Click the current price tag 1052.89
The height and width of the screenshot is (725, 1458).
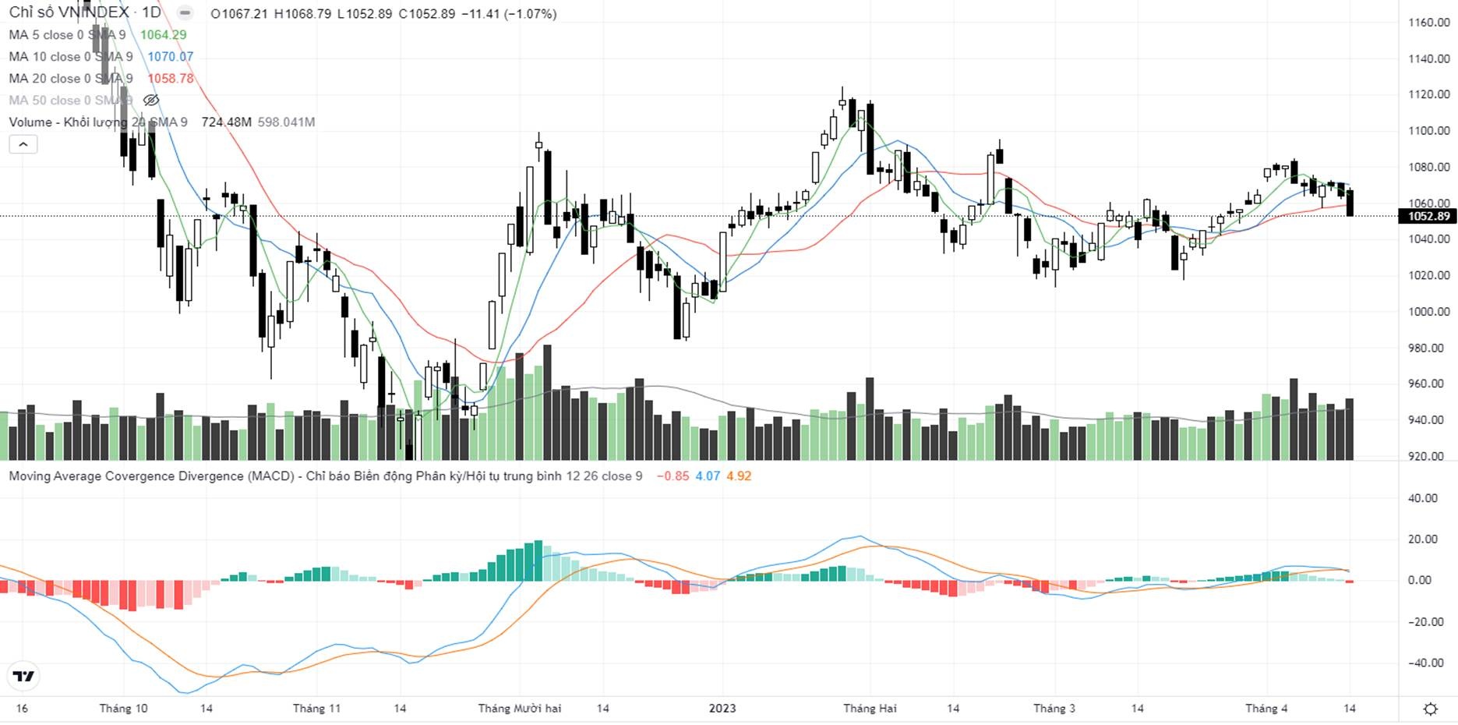pyautogui.click(x=1428, y=216)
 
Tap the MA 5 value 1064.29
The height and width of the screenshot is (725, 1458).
pyautogui.click(x=164, y=35)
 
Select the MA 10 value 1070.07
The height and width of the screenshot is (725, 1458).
pyautogui.click(x=171, y=57)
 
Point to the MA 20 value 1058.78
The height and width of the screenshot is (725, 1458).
pyautogui.click(x=171, y=79)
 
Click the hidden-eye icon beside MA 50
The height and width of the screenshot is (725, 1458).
pyautogui.click(x=151, y=101)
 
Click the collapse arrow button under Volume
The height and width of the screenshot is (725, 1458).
pyautogui.click(x=23, y=144)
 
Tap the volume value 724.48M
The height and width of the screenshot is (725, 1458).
pyautogui.click(x=226, y=122)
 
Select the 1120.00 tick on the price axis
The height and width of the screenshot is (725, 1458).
pyautogui.click(x=1428, y=94)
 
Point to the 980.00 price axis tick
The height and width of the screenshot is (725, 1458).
pyautogui.click(x=1428, y=348)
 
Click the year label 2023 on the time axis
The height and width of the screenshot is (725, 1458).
pyautogui.click(x=722, y=709)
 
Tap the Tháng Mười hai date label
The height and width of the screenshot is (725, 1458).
pyautogui.click(x=520, y=709)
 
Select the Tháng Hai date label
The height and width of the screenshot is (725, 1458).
pyautogui.click(x=870, y=709)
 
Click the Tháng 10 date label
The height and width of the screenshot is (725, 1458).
pyautogui.click(x=123, y=709)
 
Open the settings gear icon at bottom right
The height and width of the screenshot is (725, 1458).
pyautogui.click(x=1431, y=709)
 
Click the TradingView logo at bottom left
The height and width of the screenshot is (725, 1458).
pyautogui.click(x=23, y=676)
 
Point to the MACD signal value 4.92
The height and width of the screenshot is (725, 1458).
pyautogui.click(x=739, y=476)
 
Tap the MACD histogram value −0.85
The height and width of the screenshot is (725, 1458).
pyautogui.click(x=673, y=476)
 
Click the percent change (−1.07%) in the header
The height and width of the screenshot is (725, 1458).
pyautogui.click(x=530, y=14)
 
